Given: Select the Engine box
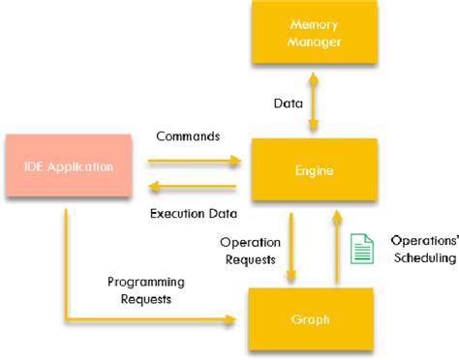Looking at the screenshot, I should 312,170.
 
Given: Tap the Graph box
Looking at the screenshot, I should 312,317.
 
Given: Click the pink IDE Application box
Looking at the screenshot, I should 67,167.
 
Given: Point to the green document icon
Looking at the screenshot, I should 361,248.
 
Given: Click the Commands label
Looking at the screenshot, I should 188,136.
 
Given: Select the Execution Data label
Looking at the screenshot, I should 191,211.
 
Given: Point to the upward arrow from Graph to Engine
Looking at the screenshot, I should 335,246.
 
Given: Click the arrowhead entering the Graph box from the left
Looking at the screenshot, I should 232,318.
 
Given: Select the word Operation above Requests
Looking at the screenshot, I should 250,242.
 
